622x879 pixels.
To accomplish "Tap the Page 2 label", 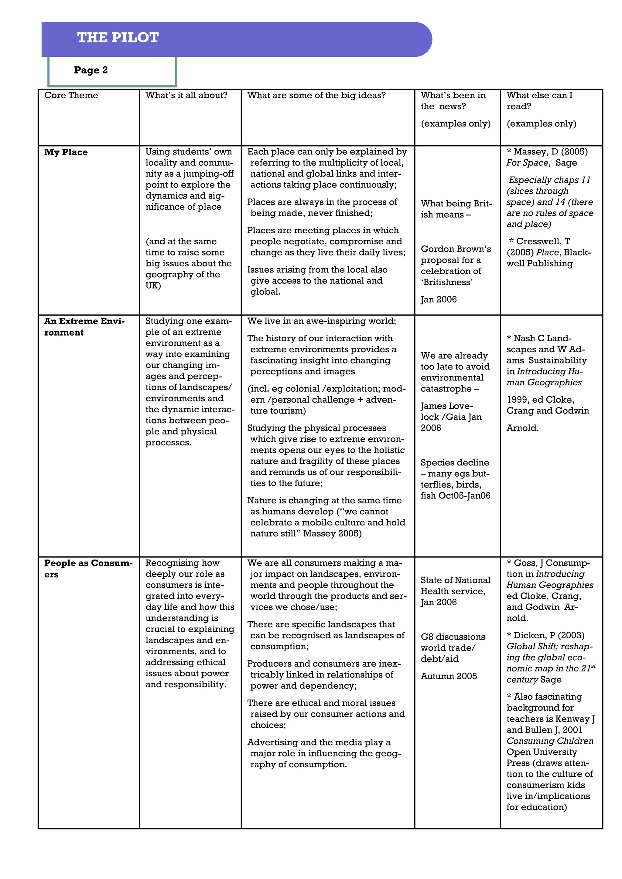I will coord(91,70).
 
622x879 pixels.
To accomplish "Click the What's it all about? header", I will coord(186,95).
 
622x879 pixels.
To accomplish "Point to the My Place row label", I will coord(66,152).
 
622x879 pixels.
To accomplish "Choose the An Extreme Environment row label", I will coord(84,326).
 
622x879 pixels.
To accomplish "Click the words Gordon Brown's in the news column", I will coord(455,249).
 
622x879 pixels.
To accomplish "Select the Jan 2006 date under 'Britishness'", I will coord(439,299).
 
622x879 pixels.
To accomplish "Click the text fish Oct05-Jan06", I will coord(455,495).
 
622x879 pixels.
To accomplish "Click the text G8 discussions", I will coord(453,637).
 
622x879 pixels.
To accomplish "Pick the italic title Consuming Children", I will coord(550,741).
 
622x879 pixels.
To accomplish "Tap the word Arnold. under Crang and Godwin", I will coord(522,428).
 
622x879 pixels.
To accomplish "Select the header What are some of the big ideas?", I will coord(316,95).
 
